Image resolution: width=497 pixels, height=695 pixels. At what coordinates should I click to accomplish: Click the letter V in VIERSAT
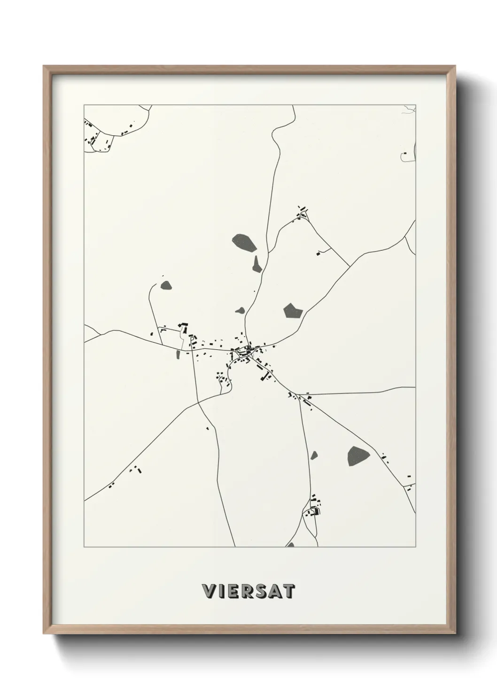(x=207, y=592)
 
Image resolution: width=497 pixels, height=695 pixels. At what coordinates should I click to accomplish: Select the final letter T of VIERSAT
(x=289, y=592)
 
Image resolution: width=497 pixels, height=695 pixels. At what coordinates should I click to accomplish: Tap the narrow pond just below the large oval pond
(x=256, y=264)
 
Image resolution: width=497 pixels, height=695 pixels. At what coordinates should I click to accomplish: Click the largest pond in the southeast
(x=358, y=456)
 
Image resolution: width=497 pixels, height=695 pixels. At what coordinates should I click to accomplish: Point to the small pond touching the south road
(x=314, y=455)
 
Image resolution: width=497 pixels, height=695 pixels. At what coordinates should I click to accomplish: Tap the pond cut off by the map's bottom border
(x=291, y=545)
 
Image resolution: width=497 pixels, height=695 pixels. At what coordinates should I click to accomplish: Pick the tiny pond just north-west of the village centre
(x=241, y=310)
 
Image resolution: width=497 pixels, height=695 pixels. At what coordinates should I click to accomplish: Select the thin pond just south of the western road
(x=178, y=355)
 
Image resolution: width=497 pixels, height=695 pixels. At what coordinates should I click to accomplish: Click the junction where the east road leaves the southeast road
(x=298, y=395)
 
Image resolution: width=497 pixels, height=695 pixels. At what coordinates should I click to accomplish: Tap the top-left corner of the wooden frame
(x=44, y=66)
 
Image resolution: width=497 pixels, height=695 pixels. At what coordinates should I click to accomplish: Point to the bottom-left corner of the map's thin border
(x=84, y=547)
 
